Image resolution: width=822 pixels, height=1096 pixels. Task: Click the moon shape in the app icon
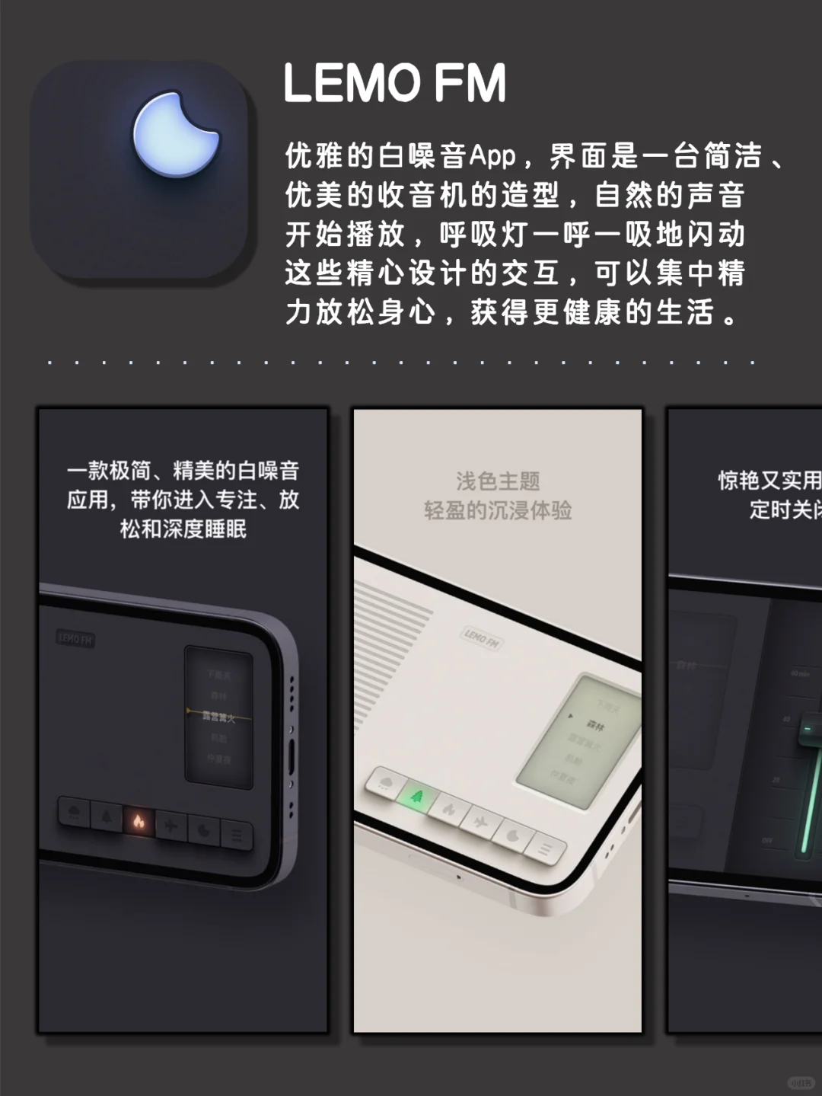pos(174,135)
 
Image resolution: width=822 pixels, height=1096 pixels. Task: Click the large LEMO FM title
pos(394,83)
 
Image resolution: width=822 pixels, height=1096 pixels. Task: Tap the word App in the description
pos(492,156)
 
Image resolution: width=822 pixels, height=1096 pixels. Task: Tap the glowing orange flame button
pos(139,822)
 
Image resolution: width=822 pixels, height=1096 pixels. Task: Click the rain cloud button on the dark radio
pos(75,813)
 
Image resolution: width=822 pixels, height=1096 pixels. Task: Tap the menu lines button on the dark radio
pos(237,836)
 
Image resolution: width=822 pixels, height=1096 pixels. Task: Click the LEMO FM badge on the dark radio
pos(75,639)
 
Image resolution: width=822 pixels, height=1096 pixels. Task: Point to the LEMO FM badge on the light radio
pos(482,637)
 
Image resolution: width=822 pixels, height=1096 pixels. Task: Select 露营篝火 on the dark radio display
pos(218,717)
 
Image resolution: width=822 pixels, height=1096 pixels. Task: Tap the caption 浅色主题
pos(498,481)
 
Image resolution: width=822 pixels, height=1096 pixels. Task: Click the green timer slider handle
pos(810,727)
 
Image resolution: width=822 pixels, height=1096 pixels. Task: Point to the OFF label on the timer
pos(767,840)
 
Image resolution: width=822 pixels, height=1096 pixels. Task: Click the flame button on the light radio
pos(449,809)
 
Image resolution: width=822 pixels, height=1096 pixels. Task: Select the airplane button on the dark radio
pos(171,826)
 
